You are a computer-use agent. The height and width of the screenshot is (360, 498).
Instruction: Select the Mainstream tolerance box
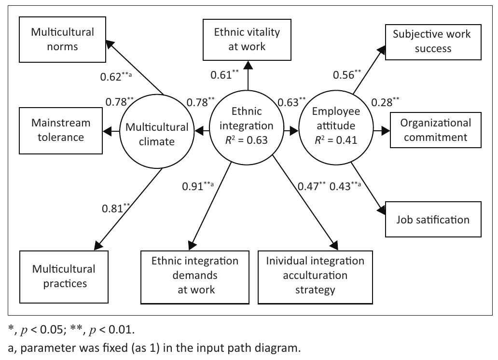coord(57,130)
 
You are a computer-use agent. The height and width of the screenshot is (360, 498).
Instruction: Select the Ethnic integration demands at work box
coord(195,275)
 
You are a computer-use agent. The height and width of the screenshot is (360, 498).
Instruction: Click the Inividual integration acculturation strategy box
coord(315,275)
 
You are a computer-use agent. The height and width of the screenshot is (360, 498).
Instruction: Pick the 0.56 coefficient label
coord(344,75)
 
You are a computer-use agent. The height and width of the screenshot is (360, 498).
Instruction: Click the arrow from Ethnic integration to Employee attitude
coord(290,130)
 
